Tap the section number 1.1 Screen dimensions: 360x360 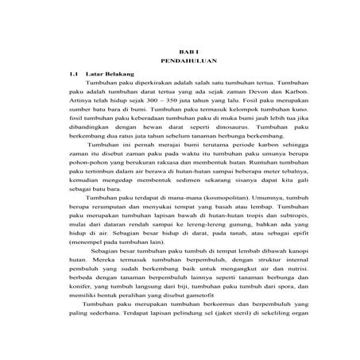pos(75,72)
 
